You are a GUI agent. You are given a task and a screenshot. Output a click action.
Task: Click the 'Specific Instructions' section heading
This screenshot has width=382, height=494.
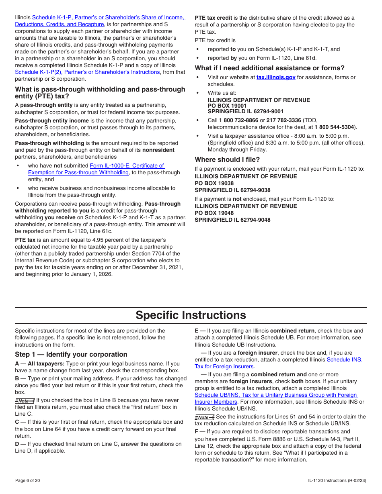[191, 315]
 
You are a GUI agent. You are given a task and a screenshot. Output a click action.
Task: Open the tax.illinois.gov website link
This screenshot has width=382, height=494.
[276, 77]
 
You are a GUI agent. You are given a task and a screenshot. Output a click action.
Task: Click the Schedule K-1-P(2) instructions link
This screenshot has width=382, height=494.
[87, 72]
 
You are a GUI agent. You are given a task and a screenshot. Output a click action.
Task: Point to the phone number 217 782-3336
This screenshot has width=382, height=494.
[283, 120]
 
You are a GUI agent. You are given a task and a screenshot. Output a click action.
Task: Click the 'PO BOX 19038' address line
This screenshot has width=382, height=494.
[214, 183]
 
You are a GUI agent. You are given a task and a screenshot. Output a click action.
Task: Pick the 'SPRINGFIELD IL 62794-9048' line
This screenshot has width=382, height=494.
[232, 220]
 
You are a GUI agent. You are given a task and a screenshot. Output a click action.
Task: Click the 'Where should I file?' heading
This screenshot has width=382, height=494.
[227, 159]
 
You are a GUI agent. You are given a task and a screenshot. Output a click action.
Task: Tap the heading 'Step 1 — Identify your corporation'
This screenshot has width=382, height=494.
[71, 354]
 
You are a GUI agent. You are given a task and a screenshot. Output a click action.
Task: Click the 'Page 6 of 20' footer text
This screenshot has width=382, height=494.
[27, 480]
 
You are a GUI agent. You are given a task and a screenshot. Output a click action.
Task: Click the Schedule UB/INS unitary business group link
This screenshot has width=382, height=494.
[276, 398]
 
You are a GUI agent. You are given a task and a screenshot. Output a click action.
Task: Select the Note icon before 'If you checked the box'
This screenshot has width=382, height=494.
[25, 400]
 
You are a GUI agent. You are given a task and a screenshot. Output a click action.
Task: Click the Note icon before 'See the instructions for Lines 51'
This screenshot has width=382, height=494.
[204, 417]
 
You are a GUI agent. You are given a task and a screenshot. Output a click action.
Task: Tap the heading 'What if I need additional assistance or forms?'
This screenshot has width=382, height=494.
[269, 68]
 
